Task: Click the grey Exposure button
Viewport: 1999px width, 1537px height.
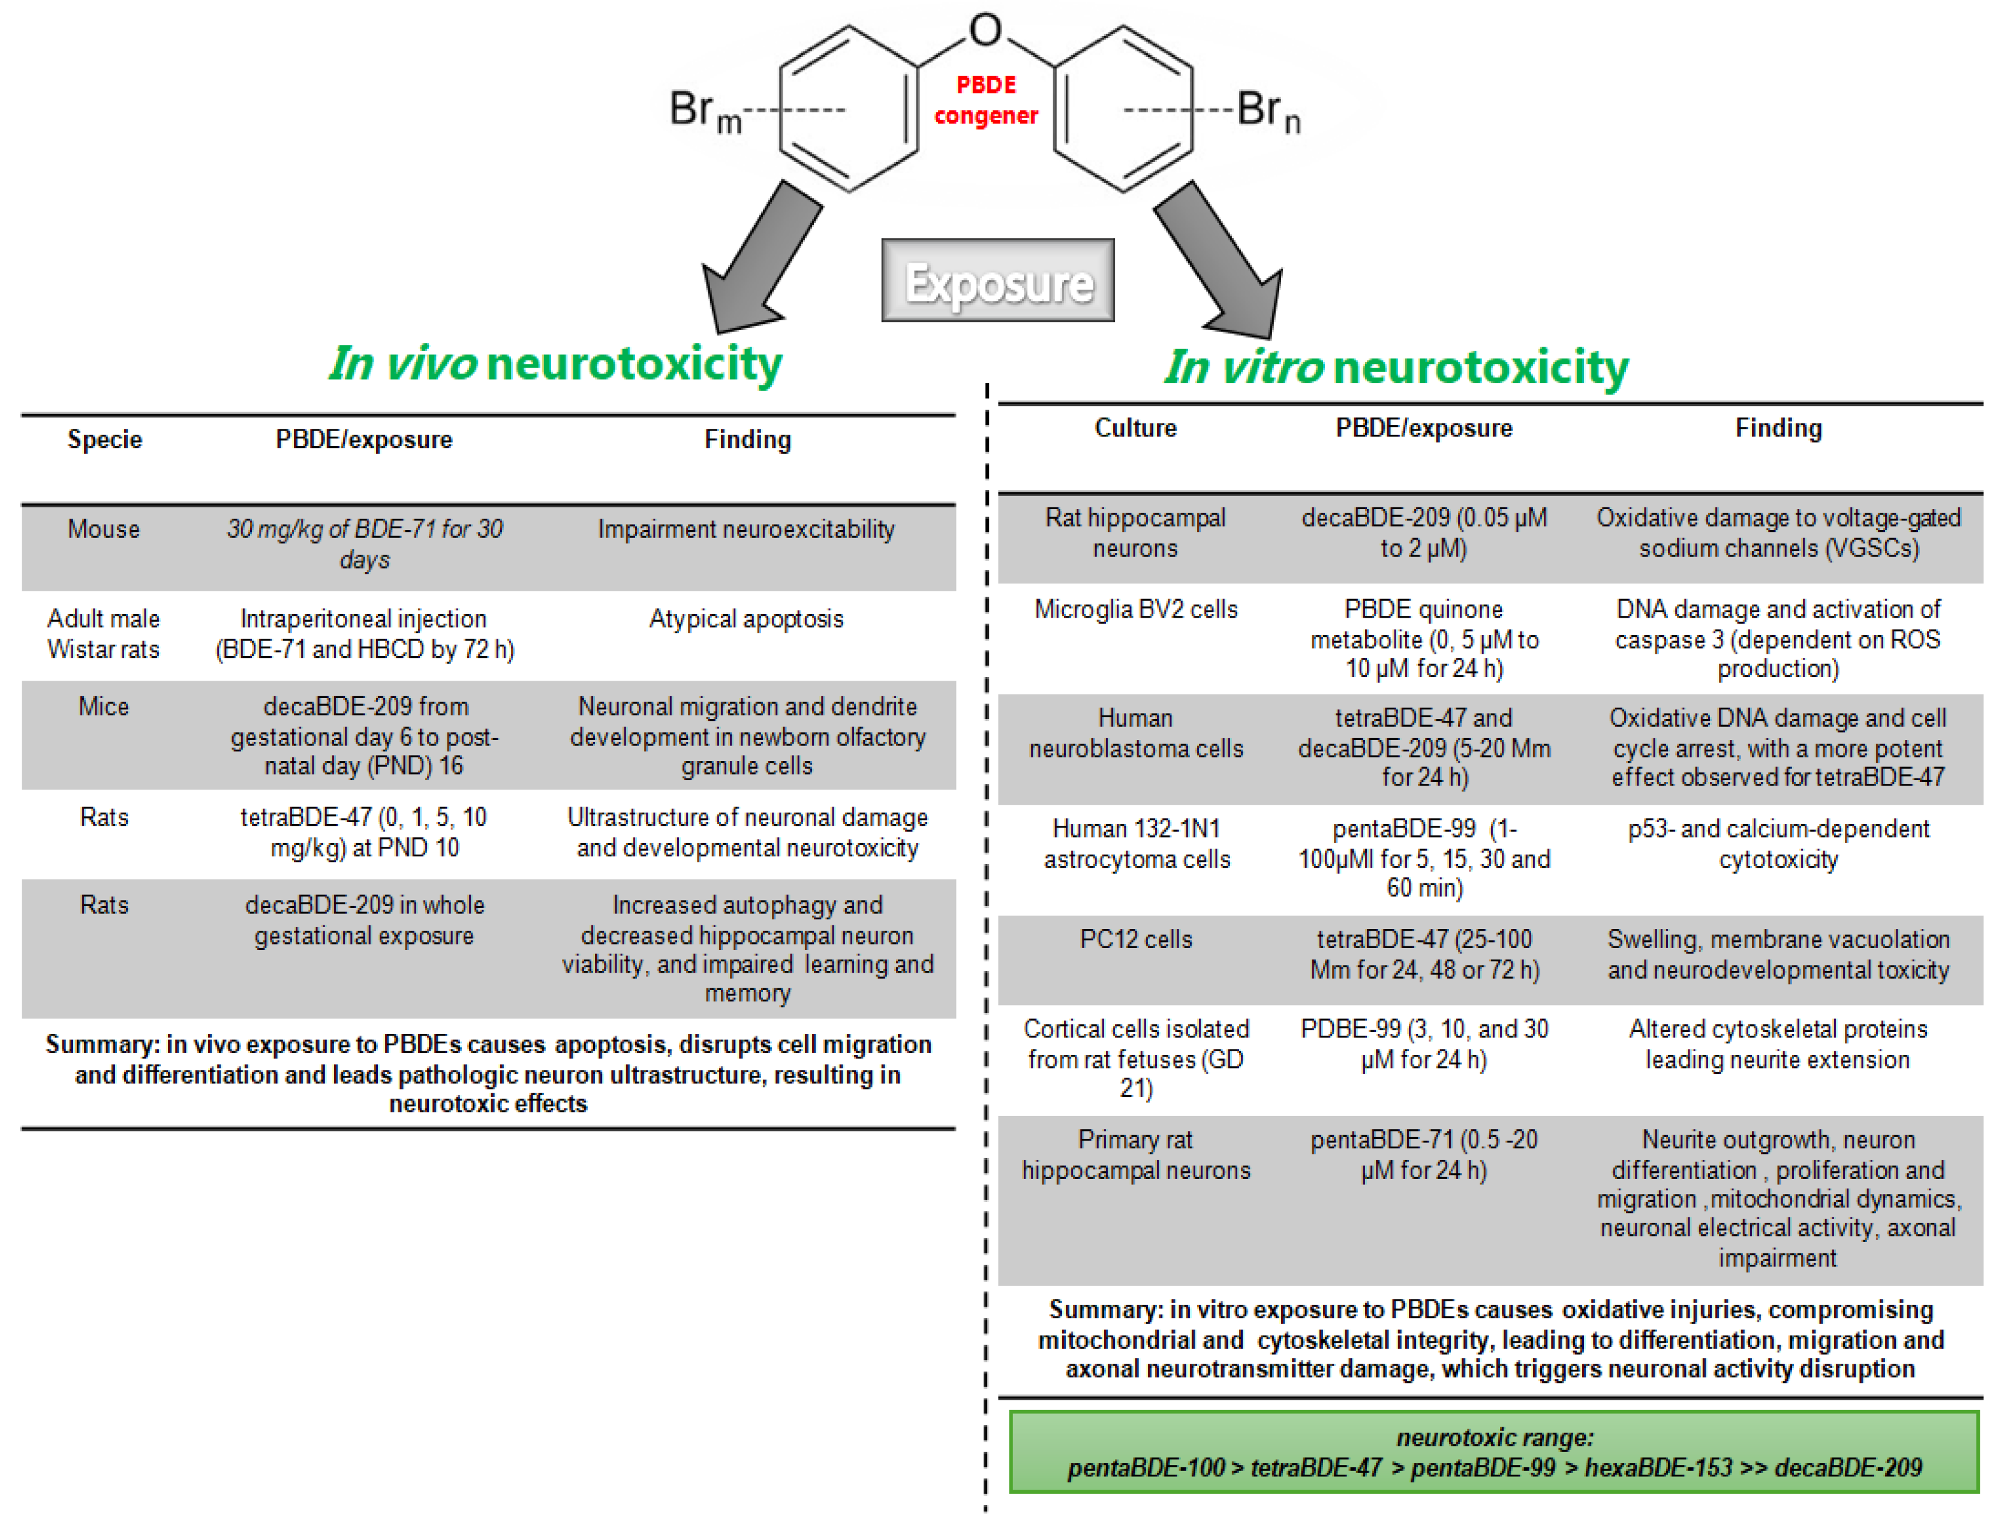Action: (997, 281)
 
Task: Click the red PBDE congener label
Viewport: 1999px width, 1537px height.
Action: (985, 100)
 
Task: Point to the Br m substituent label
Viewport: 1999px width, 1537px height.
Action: (705, 112)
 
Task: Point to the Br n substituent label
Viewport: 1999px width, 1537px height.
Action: (1268, 112)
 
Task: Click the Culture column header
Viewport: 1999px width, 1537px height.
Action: (1135, 428)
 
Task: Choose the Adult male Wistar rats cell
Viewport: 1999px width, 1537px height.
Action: (103, 634)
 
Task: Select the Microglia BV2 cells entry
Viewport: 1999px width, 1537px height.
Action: (1135, 609)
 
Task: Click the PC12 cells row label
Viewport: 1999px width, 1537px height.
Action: (1135, 940)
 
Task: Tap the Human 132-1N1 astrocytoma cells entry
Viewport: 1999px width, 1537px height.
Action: (1135, 844)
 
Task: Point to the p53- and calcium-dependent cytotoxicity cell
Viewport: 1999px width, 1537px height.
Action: (1778, 844)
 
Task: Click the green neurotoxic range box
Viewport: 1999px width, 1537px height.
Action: (1493, 1452)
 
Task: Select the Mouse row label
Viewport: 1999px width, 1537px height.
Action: (103, 530)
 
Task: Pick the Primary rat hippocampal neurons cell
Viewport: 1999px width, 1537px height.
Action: (1135, 1154)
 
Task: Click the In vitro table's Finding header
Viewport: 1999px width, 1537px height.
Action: (1778, 428)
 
